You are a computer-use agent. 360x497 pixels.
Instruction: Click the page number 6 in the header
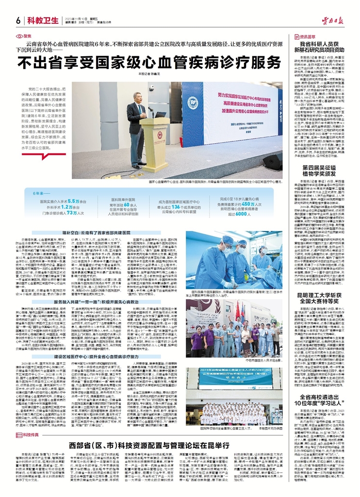(17, 19)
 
